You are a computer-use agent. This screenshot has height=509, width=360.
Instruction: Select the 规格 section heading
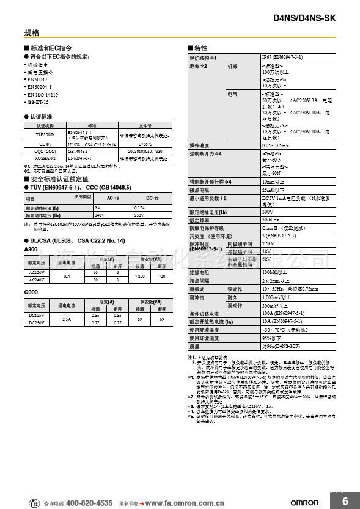coord(32,32)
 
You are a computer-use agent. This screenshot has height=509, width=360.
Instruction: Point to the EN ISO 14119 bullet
coord(42,95)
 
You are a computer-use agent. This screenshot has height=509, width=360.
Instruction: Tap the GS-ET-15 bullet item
coord(37,102)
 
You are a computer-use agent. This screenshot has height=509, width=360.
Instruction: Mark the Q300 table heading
coord(31,293)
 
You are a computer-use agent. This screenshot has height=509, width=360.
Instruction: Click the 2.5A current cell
coord(67,319)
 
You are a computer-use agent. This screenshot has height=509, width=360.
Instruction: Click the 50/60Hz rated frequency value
coord(271,220)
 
